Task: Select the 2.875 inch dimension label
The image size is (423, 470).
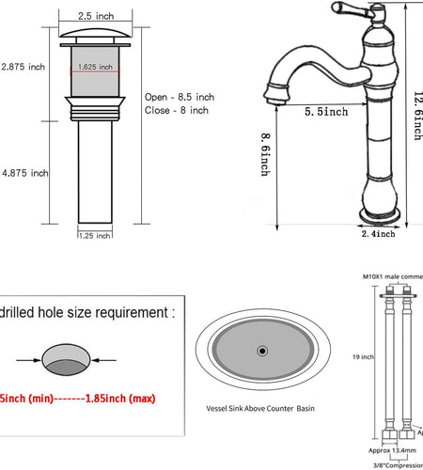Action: click(23, 67)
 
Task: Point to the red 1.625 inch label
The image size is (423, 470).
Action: click(95, 67)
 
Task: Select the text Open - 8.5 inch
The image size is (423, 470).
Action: click(180, 97)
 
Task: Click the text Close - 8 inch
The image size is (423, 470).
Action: click(176, 111)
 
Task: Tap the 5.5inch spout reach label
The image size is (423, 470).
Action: click(326, 112)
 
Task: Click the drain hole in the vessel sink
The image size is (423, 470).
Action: click(258, 351)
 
